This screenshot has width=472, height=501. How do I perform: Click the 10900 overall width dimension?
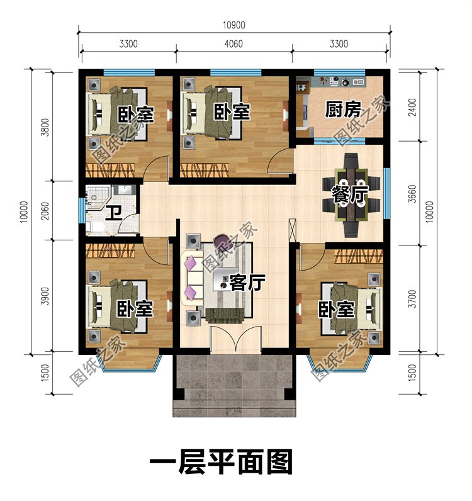tap(234, 25)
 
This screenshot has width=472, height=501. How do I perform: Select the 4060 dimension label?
tap(233, 44)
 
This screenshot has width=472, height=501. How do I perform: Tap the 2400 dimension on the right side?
tap(413, 108)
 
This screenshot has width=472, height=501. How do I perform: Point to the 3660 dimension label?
tap(413, 193)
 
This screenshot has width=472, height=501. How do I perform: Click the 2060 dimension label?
tap(46, 211)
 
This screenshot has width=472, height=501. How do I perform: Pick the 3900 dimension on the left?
tap(46, 296)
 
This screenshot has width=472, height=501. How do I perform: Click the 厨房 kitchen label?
tap(343, 110)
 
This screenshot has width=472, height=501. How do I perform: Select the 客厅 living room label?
tap(247, 283)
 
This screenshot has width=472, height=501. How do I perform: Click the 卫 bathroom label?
tap(114, 213)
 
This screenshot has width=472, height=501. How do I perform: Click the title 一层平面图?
tap(221, 462)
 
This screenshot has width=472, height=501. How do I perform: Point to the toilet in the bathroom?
tap(94, 227)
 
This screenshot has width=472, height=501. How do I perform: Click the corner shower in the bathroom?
tap(95, 197)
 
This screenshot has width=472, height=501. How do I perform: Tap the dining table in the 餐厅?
tap(351, 195)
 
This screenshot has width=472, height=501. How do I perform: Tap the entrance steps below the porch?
tap(234, 408)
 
